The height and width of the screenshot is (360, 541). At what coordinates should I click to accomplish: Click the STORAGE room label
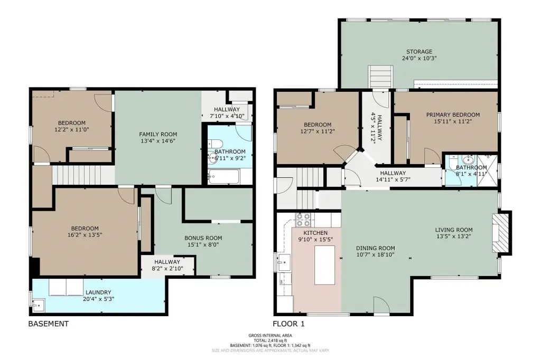pos(419,52)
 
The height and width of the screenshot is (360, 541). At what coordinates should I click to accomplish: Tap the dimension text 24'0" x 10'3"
pos(419,58)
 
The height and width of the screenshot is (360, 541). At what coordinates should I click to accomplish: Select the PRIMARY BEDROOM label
pos(453,115)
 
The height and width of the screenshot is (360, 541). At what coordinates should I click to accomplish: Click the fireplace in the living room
pos(501,233)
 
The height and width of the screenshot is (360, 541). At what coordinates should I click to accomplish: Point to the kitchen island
pos(325,265)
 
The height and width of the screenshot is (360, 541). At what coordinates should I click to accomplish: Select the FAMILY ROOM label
pos(158,135)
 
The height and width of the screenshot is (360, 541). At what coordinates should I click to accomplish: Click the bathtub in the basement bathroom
pos(223,177)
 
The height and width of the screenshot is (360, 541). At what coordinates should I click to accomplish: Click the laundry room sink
pos(38,305)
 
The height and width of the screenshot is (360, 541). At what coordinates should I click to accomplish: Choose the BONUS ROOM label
pos(203,238)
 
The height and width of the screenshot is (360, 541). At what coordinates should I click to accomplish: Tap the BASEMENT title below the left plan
pos(48,324)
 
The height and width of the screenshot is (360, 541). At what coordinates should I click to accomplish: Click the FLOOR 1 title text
pos(289,324)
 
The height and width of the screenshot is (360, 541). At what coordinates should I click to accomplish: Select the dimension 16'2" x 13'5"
pos(85,235)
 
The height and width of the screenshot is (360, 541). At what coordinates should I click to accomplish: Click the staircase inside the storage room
pos(381,77)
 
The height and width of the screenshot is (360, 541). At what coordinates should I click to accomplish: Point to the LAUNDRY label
pos(98,292)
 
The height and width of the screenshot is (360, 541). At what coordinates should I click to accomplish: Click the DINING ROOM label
pos(376,248)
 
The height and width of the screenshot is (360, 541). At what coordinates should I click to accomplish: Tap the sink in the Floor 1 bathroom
pos(469,160)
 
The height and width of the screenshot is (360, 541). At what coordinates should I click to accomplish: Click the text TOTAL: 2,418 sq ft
pos(270,340)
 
